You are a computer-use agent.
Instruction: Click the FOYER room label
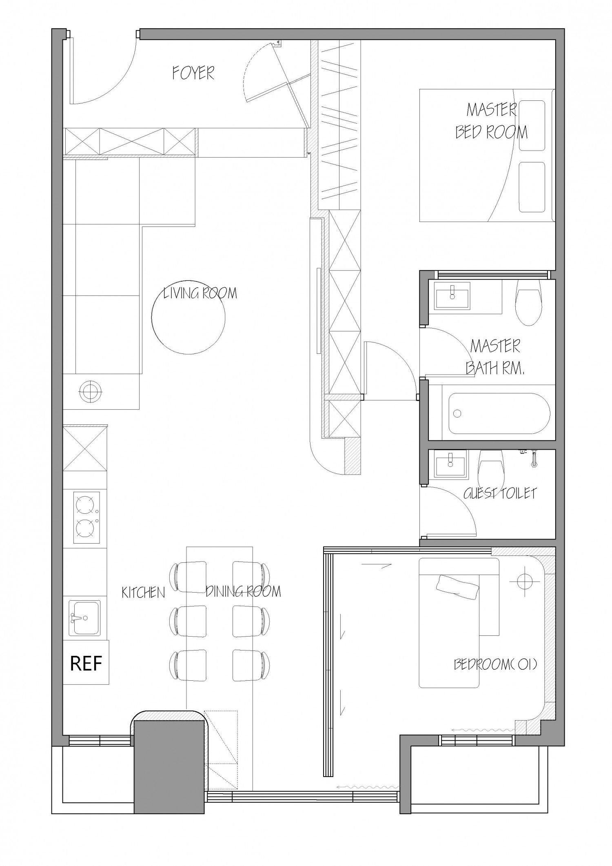(x=193, y=73)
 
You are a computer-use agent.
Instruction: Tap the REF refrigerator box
(x=86, y=663)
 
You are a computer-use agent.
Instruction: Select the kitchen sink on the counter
(x=84, y=617)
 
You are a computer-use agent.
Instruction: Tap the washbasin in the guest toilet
(x=450, y=463)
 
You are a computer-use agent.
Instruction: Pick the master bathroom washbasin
(x=452, y=294)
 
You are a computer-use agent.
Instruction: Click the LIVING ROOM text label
(x=200, y=293)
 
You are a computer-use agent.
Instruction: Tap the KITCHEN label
(x=143, y=593)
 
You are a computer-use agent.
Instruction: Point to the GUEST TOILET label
(x=500, y=493)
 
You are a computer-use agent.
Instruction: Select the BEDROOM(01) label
(x=495, y=664)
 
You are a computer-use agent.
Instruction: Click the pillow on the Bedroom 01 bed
(x=458, y=588)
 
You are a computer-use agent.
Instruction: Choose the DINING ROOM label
(x=243, y=591)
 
